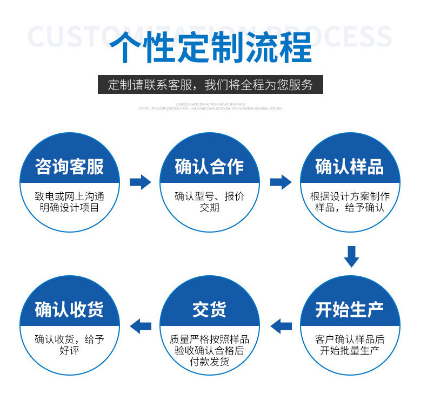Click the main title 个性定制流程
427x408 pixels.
click(x=210, y=48)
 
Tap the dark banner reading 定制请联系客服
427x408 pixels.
click(x=210, y=85)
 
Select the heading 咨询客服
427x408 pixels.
click(x=69, y=167)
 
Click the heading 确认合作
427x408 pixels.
click(x=209, y=167)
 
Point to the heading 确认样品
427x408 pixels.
click(x=350, y=167)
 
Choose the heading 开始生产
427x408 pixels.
click(x=350, y=310)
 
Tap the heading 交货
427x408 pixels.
click(x=209, y=310)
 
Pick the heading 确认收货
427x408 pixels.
click(x=69, y=310)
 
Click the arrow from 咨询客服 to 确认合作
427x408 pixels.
click(x=140, y=182)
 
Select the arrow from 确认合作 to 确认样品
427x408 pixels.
click(x=280, y=182)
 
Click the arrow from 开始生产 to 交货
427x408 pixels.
click(x=281, y=325)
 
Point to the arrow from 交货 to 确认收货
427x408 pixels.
click(x=141, y=325)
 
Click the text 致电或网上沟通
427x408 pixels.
click(x=69, y=196)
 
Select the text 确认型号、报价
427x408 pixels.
click(x=209, y=196)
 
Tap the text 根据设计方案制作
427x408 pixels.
click(x=350, y=196)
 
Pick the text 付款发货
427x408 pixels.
click(x=209, y=362)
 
